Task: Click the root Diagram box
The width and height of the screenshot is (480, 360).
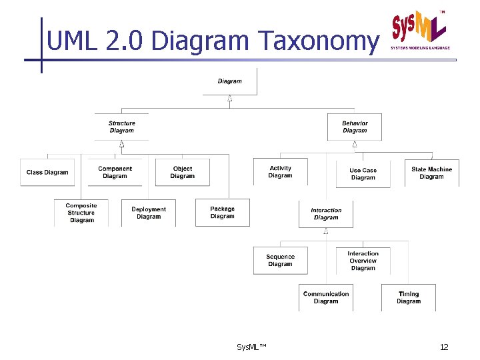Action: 230,81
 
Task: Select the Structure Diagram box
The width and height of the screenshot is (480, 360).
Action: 122,127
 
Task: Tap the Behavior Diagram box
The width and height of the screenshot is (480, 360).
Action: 355,127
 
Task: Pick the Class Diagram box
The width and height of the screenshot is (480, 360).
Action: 47,172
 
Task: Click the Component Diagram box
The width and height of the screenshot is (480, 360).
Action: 115,172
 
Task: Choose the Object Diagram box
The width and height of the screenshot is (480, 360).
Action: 183,172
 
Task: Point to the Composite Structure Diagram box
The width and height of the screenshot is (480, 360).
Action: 81,213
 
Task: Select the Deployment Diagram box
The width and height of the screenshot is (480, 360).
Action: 149,213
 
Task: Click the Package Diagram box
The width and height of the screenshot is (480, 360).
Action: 223,212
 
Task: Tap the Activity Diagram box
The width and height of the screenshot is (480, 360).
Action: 281,172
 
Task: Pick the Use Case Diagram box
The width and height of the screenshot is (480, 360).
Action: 363,174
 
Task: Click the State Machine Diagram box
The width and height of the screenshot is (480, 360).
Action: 431,173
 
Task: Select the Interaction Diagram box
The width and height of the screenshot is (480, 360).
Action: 326,214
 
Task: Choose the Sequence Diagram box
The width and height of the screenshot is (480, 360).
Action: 281,260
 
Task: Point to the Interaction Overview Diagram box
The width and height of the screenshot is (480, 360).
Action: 363,260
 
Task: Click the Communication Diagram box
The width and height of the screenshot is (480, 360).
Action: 326,297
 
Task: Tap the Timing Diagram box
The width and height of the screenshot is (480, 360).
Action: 409,297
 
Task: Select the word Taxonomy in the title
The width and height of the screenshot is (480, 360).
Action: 317,41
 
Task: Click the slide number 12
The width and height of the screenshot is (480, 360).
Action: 444,347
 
